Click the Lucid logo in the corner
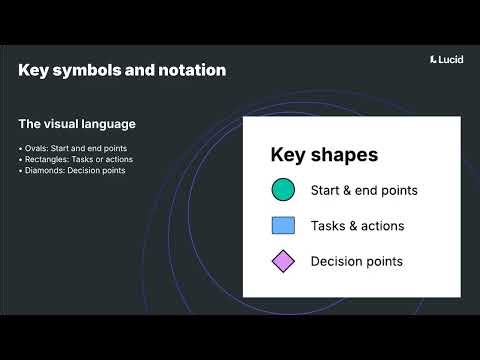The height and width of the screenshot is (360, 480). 444,59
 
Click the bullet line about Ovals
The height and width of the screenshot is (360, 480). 77,148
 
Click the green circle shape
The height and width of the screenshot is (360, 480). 283,190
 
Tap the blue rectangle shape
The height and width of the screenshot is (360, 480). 283,226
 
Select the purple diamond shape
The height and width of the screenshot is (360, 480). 283,261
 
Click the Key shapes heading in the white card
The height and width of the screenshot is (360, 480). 324,155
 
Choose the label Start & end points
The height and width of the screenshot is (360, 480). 364,190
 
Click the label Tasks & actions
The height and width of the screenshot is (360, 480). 357,226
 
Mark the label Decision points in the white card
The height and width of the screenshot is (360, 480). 357,261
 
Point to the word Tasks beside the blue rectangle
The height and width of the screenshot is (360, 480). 328,226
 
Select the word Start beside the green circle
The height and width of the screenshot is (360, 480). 326,190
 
